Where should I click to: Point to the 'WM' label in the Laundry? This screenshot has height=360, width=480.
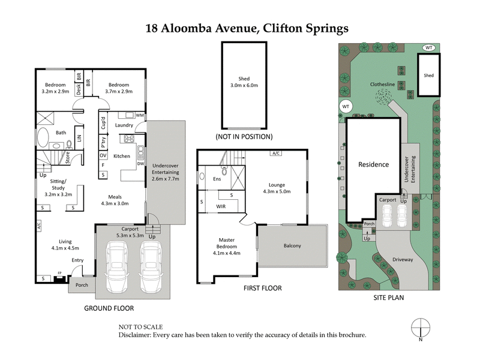tap(140, 115)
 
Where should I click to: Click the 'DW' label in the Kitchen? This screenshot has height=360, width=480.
tap(141, 163)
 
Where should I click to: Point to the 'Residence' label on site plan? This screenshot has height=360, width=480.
tap(374, 164)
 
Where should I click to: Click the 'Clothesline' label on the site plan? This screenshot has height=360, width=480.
tap(382, 85)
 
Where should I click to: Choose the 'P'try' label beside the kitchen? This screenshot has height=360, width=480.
tap(103, 143)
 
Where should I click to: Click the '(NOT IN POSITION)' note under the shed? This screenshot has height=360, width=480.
tap(244, 137)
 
